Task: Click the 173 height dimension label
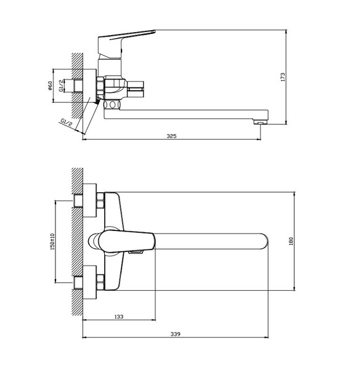(283, 77)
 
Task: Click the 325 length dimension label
(171, 136)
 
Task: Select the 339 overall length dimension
(175, 334)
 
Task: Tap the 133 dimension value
(119, 317)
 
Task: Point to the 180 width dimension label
(291, 241)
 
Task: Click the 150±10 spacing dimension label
(52, 241)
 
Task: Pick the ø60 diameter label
(50, 86)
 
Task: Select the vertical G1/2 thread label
(61, 86)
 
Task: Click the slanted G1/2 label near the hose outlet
(66, 123)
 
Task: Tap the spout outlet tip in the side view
(260, 122)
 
